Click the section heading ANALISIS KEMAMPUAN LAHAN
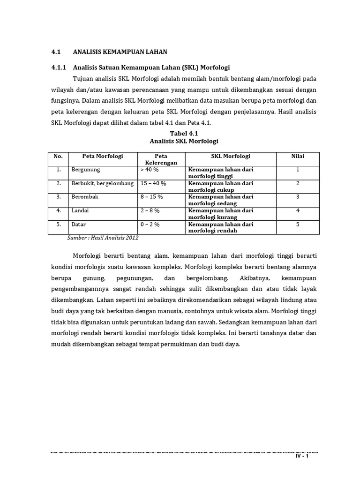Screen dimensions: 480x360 120,51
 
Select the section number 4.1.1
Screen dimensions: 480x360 59,67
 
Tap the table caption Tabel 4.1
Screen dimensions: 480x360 184,134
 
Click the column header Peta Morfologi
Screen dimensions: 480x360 102,156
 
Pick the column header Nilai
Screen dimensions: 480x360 298,156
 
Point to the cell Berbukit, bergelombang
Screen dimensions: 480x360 102,183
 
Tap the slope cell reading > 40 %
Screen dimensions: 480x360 150,170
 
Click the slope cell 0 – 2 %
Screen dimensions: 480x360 150,225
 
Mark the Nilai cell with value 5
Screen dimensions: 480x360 298,225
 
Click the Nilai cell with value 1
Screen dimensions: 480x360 298,170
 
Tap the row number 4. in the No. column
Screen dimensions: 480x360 59,210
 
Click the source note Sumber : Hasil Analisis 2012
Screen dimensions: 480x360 103,238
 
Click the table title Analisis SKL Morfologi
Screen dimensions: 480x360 184,141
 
